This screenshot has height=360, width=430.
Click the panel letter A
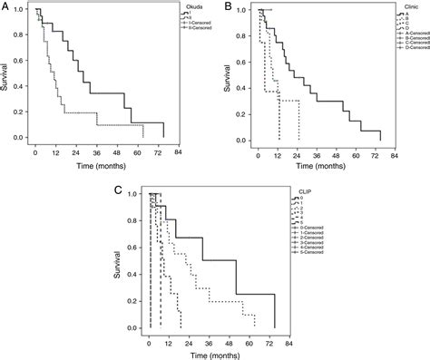tap(7, 7)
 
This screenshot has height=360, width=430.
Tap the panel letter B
tap(224, 7)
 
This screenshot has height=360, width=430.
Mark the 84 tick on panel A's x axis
tap(179, 152)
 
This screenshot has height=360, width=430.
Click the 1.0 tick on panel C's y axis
tap(134, 194)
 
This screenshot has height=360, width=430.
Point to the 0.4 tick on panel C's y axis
tap(134, 274)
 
